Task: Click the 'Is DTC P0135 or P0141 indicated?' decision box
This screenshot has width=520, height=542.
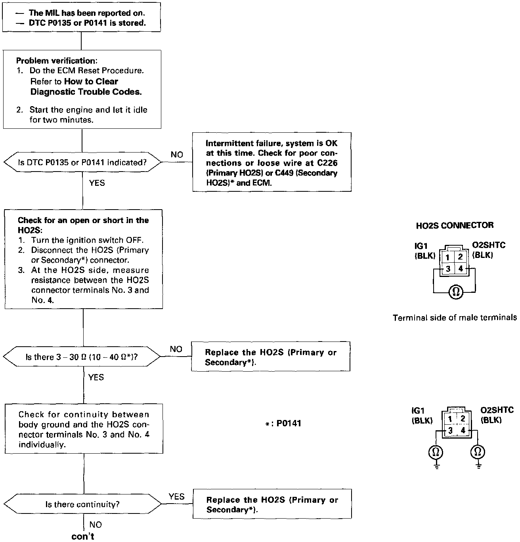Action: click(x=82, y=162)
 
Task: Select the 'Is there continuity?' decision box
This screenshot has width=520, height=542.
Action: click(x=82, y=504)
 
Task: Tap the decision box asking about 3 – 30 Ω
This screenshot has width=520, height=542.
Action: click(x=82, y=357)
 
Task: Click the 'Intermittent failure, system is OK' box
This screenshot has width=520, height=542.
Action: click(x=271, y=162)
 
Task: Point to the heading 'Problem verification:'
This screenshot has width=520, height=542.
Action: click(x=57, y=61)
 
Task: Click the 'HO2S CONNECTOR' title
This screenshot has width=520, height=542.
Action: click(x=455, y=225)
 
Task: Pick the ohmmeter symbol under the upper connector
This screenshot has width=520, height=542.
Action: click(x=455, y=292)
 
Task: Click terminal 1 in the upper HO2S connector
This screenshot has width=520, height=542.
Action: click(x=447, y=258)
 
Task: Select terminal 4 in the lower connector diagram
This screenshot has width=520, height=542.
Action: click(x=463, y=430)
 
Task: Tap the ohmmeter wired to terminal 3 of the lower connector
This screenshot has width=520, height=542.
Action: click(x=436, y=452)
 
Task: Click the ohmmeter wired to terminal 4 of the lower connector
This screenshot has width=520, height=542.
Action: click(x=478, y=452)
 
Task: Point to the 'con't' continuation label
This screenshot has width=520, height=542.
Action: click(x=83, y=536)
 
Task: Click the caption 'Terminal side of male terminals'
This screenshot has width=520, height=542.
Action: click(x=455, y=317)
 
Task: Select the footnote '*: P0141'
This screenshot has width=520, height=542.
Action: click(x=283, y=424)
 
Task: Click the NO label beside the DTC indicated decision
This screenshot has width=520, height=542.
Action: click(x=177, y=155)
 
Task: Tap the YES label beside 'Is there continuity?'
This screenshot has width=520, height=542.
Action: click(x=176, y=496)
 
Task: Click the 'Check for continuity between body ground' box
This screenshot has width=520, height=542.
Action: click(x=84, y=429)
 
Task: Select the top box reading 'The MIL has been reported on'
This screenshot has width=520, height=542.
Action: click(x=81, y=18)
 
